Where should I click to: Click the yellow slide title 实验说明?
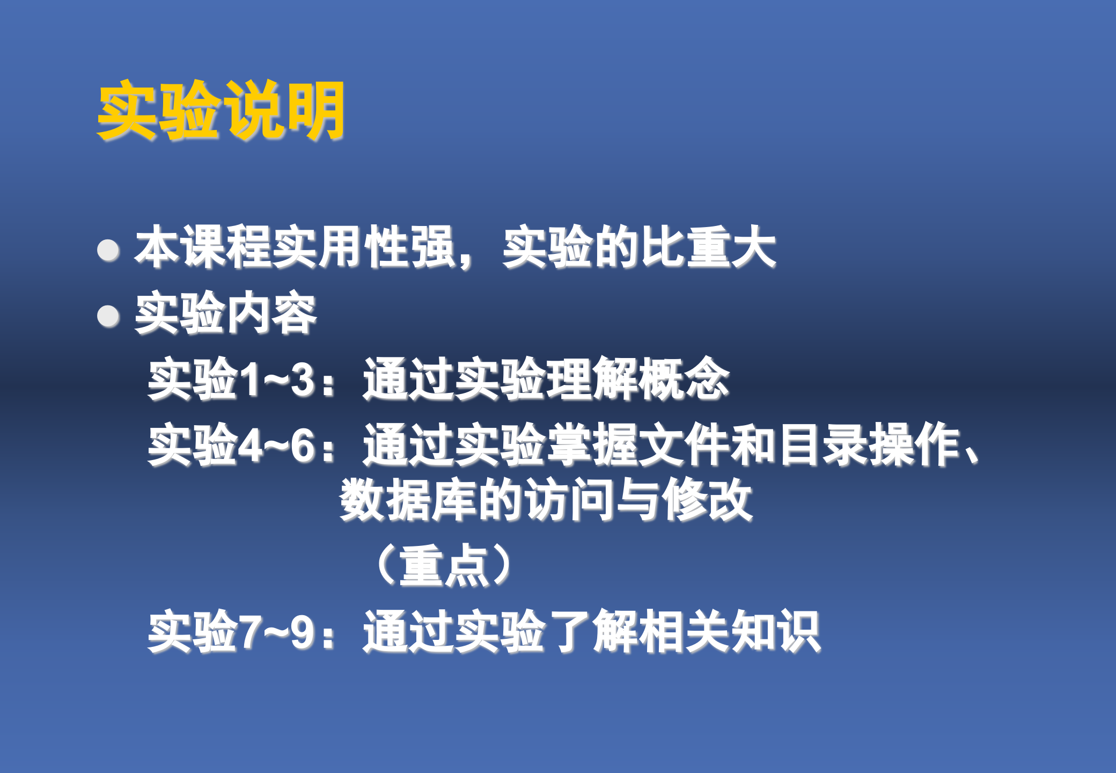[221, 111]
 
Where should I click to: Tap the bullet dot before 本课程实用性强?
[108, 250]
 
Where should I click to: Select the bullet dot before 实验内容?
[108, 316]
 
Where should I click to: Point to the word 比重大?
[708, 247]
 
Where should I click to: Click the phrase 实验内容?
[225, 313]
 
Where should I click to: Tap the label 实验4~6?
[231, 445]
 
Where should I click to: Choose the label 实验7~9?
[231, 631]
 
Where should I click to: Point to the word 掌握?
[592, 445]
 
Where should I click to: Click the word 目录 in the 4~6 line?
[823, 445]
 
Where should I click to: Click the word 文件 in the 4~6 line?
[685, 445]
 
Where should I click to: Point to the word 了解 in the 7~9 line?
[592, 631]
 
